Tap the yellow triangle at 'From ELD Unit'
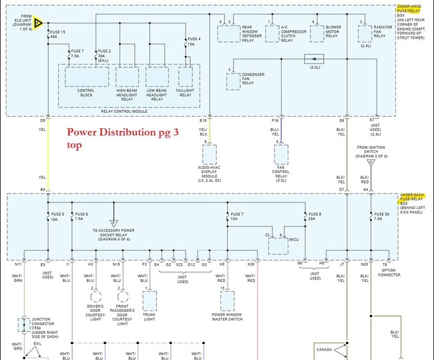click(39, 23)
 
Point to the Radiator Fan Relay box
click(365, 34)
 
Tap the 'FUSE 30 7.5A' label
click(381, 216)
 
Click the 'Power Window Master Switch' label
click(226, 317)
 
